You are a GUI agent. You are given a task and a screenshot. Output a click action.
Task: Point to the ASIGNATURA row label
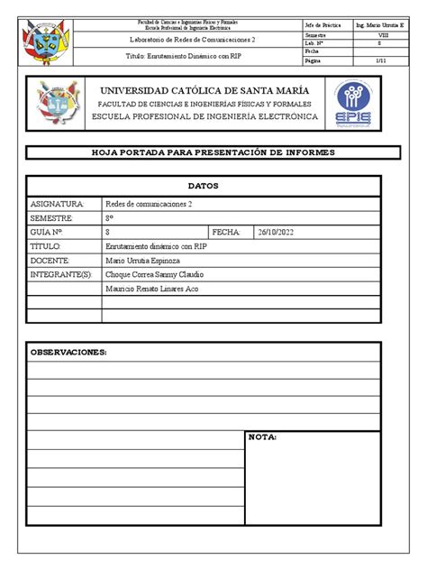coord(57,205)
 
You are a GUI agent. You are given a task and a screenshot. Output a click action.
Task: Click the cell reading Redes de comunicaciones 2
coord(150,205)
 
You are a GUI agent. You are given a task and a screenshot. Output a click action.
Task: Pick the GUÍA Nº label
coord(50,232)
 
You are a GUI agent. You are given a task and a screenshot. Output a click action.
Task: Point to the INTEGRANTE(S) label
coord(62,273)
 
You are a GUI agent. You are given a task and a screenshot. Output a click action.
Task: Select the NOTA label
coord(263,437)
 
